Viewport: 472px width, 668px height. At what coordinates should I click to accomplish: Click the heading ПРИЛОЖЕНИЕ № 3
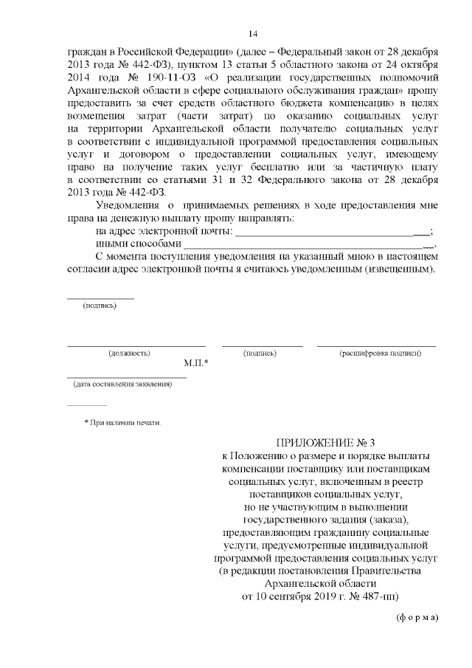coord(325,443)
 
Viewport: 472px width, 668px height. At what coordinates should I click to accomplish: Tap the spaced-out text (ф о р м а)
coord(417,617)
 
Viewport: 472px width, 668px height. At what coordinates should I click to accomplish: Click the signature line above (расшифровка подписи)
coord(376,345)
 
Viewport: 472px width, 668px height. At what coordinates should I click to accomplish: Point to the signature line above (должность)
coord(136,345)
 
